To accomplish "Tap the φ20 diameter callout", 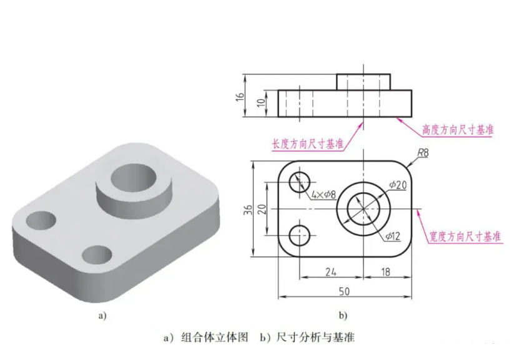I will pos(397,185).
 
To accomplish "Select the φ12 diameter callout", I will pos(393,236).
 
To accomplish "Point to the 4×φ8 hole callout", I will pos(323,195).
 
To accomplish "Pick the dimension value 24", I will pos(331,272).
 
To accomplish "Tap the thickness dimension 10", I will pos(262,103).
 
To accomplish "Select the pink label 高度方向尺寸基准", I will pos(458,130).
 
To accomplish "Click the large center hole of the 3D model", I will pos(133,179).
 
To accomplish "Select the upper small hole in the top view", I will pos(300,182).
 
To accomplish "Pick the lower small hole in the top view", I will pos(300,235).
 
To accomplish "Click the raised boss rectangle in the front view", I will pos(363,82).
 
